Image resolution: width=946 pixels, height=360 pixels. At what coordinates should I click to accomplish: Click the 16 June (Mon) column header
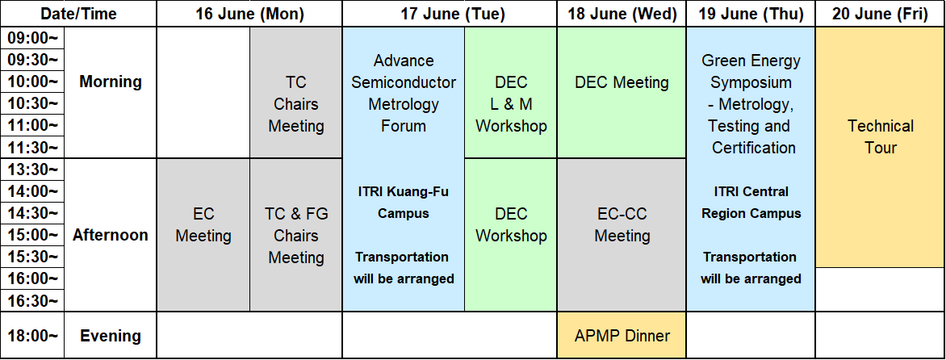pyautogui.click(x=249, y=14)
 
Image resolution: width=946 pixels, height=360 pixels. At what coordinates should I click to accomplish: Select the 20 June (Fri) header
pyautogui.click(x=880, y=14)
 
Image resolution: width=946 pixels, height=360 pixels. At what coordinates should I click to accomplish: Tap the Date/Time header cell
pyautogui.click(x=78, y=14)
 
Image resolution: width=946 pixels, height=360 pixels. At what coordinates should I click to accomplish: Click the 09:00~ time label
pyautogui.click(x=32, y=38)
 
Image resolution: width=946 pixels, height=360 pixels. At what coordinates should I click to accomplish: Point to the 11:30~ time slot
pyautogui.click(x=32, y=147)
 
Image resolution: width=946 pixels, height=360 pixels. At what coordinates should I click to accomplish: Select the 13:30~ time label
pyautogui.click(x=32, y=170)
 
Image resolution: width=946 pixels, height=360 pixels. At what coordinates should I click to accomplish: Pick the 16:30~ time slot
pyautogui.click(x=32, y=300)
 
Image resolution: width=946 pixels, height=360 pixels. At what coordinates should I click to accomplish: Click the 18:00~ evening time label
pyautogui.click(x=32, y=335)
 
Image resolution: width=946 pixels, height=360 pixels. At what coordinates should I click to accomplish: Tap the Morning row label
pyautogui.click(x=111, y=82)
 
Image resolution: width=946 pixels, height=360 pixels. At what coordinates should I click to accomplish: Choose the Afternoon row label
pyautogui.click(x=111, y=235)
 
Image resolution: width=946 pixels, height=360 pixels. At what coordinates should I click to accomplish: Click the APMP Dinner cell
pyautogui.click(x=622, y=335)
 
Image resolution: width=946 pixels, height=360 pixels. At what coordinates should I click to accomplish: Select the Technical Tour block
pyautogui.click(x=881, y=147)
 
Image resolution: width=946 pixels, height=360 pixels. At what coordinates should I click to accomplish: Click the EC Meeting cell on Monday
pyautogui.click(x=203, y=235)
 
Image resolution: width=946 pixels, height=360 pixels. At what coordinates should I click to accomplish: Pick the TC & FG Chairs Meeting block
pyautogui.click(x=296, y=235)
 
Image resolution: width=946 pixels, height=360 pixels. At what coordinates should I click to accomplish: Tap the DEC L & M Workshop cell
pyautogui.click(x=511, y=93)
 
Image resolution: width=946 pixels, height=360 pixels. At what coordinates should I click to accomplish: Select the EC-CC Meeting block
pyautogui.click(x=622, y=235)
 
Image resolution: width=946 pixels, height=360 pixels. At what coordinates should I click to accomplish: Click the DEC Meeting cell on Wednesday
pyautogui.click(x=622, y=93)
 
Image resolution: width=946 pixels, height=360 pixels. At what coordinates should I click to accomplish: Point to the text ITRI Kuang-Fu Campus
pyautogui.click(x=404, y=203)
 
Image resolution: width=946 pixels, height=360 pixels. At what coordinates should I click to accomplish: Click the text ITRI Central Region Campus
pyautogui.click(x=751, y=203)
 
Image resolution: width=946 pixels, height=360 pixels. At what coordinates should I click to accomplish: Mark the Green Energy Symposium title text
pyautogui.click(x=751, y=71)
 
